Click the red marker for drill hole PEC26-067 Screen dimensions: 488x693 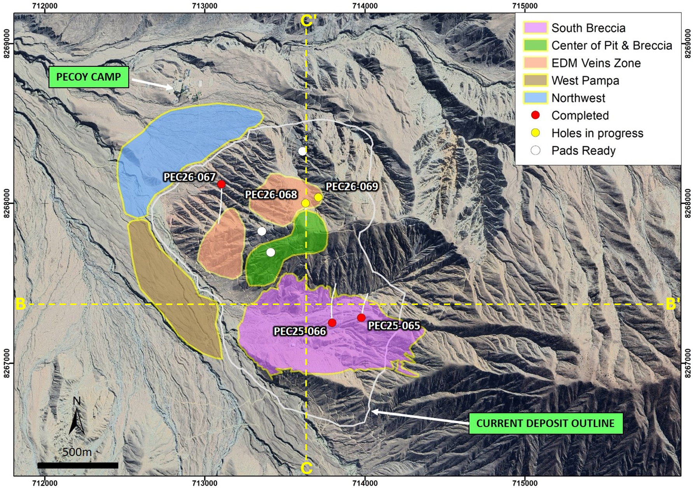221,184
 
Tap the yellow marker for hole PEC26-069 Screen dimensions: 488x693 318,197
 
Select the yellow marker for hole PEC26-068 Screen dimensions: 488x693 305,203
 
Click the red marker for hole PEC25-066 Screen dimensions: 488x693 332,323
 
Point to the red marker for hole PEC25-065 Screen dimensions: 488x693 361,318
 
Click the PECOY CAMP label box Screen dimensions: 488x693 89,77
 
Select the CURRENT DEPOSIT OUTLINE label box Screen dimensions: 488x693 545,423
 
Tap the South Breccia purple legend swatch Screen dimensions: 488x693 535,28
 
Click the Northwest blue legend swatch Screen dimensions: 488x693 535,98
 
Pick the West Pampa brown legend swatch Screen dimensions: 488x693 535,80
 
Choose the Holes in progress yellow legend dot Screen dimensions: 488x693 535,133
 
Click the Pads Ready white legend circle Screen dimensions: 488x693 535,150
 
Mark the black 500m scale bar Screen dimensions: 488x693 78,465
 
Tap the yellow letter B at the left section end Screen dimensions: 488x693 21,304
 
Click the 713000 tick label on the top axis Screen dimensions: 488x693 205,6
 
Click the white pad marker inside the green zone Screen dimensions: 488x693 271,253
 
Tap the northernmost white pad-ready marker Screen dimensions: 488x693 302,151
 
